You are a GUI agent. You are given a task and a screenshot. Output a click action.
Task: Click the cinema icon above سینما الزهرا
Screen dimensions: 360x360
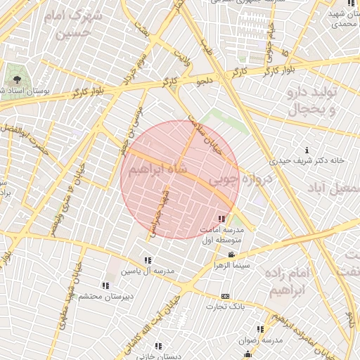(x=231, y=255)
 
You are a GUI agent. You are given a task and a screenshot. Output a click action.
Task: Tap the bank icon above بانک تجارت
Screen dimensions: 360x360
(x=225, y=297)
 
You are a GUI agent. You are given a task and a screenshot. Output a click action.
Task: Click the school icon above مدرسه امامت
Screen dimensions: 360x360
(x=223, y=220)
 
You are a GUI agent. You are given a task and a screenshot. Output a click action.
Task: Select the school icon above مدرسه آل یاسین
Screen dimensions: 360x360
(x=148, y=261)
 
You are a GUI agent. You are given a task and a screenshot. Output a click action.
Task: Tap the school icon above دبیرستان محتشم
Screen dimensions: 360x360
(x=105, y=286)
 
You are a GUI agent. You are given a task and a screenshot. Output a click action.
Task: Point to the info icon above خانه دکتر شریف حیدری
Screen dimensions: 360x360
(x=307, y=150)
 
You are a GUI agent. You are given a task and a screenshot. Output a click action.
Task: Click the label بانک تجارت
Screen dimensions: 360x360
(x=225, y=307)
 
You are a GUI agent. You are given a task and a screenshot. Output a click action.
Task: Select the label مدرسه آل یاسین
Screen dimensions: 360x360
(x=146, y=271)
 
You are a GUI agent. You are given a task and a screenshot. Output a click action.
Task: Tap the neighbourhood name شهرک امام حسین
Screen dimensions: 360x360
(x=67, y=25)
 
